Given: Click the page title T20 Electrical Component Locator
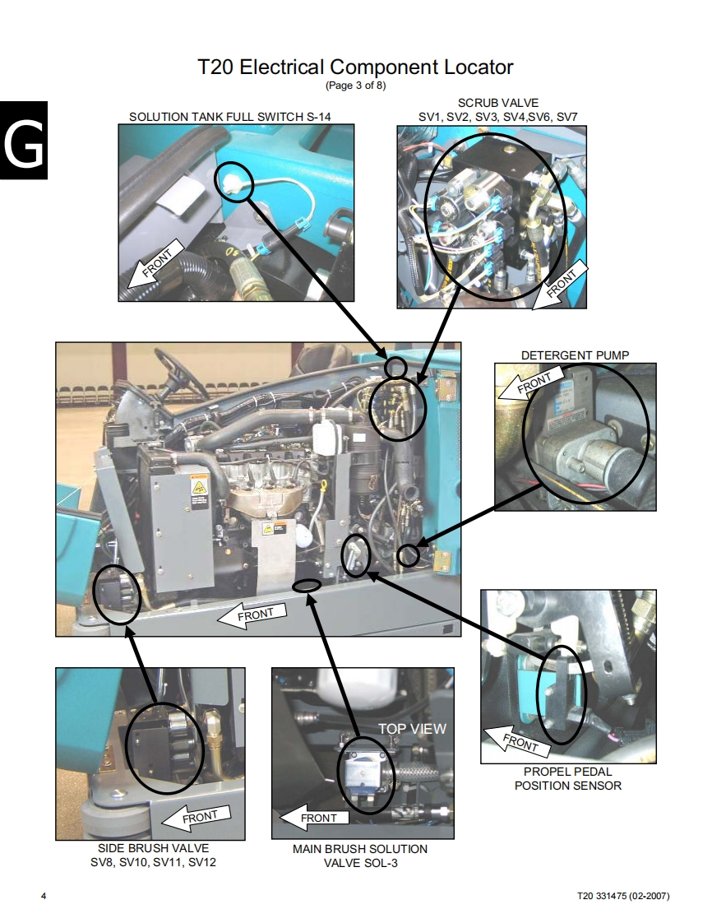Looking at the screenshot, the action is [x=355, y=67].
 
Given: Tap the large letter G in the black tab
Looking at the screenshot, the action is [x=24, y=142].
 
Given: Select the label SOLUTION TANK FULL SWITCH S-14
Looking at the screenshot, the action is [x=230, y=117].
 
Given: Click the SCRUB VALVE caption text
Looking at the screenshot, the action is [x=497, y=103].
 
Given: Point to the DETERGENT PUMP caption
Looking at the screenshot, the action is [x=575, y=355].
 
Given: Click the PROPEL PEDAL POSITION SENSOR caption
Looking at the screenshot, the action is [x=568, y=778].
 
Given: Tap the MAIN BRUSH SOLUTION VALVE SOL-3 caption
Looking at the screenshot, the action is [x=360, y=856].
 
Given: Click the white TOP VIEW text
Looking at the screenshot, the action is [x=412, y=729].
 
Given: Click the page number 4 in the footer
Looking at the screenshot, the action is [x=44, y=896].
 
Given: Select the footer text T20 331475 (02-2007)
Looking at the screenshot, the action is [x=622, y=896].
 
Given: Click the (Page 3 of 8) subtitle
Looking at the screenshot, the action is [x=355, y=86].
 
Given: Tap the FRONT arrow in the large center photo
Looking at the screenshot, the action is [x=252, y=615].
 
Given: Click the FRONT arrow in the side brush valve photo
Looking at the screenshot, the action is [x=196, y=818].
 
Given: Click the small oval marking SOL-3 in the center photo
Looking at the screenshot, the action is [x=307, y=585].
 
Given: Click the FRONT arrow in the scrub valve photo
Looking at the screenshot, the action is [x=560, y=285].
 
